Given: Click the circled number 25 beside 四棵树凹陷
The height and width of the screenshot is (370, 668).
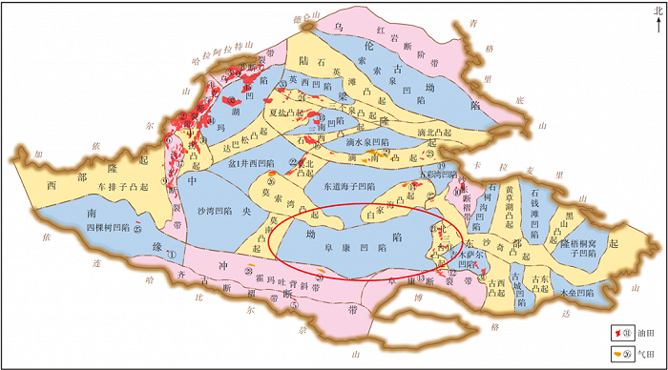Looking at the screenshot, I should (138, 228).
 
